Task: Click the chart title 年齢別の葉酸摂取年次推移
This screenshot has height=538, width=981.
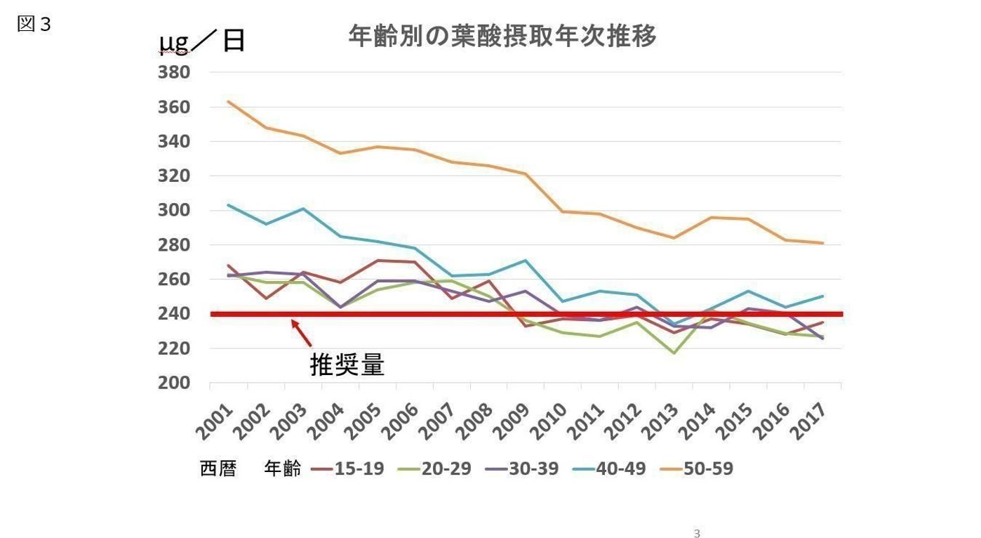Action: [502, 35]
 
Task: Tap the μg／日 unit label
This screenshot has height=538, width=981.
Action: [202, 41]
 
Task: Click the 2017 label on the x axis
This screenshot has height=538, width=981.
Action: [808, 421]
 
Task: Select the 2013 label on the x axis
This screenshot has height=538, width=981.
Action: [660, 421]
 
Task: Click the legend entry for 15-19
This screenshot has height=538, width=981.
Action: [347, 468]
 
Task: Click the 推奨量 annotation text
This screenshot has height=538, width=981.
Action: [347, 365]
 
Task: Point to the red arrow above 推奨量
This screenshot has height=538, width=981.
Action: [301, 333]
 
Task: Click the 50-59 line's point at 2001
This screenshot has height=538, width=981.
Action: [229, 102]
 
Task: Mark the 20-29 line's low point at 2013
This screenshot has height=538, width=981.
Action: [674, 353]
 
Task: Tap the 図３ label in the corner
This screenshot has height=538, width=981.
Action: [34, 24]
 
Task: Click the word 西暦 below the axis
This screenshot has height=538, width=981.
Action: [218, 468]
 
